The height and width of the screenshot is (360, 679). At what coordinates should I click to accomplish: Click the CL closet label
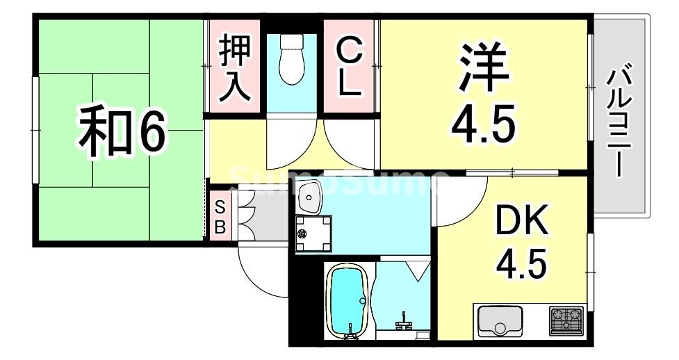349,67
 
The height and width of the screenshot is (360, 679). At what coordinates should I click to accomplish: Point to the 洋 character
484,68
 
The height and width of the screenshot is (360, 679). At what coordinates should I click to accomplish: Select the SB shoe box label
220,217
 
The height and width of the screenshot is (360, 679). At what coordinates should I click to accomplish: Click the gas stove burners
567,320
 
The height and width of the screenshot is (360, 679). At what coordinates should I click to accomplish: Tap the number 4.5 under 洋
484,125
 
